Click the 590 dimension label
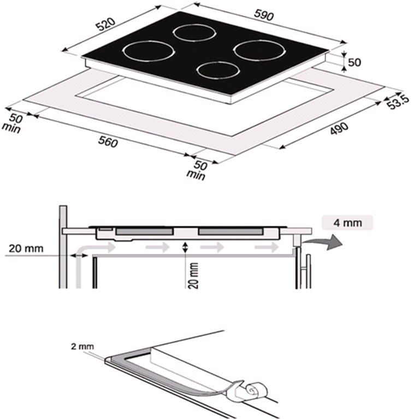264,15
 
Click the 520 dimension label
105,24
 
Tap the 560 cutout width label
108,141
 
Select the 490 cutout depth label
339,128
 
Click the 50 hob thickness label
354,62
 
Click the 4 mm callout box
347,222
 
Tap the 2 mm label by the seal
82,347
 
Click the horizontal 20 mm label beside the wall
26,248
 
